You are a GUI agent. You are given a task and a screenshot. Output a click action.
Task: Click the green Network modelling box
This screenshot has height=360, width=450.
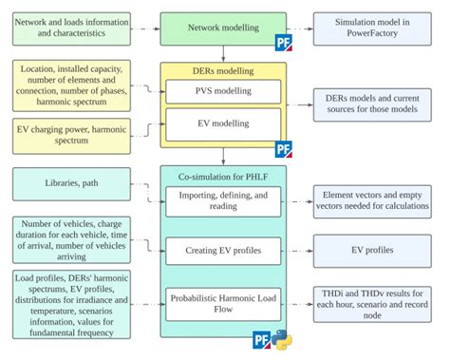tap(222, 28)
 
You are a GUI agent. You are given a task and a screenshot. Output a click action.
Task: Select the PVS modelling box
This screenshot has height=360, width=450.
tap(223, 92)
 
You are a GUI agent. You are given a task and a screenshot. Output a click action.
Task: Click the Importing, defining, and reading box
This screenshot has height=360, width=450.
tap(223, 199)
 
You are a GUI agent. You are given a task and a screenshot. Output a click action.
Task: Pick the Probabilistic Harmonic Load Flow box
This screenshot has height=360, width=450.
tap(223, 301)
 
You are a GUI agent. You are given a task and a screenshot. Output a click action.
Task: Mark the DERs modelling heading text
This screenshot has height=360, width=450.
tap(222, 71)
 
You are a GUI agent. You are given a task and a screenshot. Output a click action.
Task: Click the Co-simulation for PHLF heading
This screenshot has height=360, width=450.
tap(222, 175)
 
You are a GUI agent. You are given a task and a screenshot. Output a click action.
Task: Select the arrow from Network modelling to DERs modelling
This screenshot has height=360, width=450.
tap(222, 54)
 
